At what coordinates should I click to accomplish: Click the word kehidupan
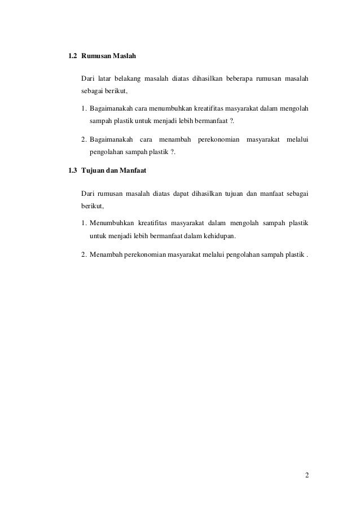pos(219,235)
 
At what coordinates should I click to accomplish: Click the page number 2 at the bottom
pos(306,473)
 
